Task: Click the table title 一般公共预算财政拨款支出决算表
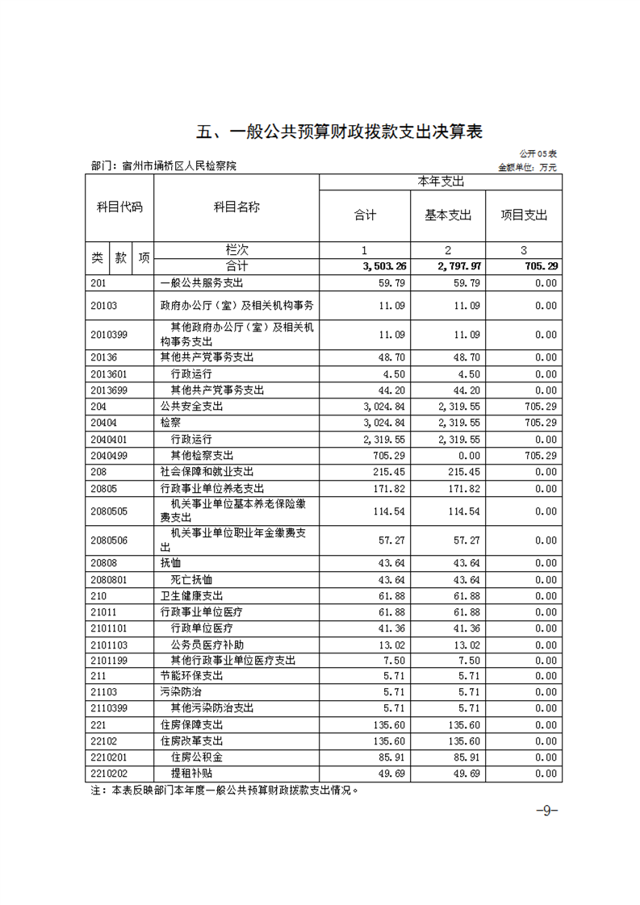340,131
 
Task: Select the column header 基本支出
448,215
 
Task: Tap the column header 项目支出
524,215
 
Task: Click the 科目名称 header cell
236,207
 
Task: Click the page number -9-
547,811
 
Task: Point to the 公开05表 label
538,153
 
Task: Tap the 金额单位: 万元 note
527,167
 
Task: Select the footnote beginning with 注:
224,790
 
